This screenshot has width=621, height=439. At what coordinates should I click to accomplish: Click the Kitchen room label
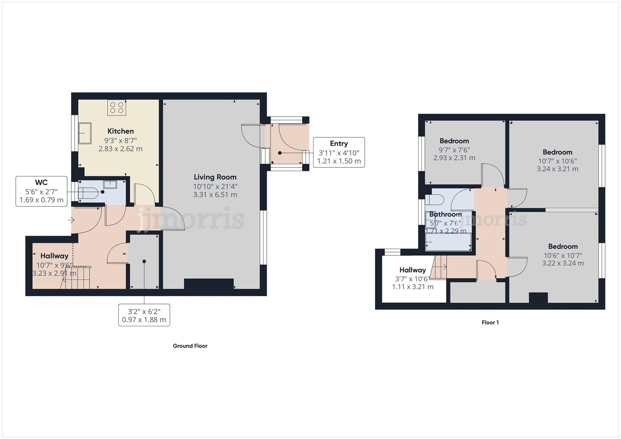[x=120, y=131]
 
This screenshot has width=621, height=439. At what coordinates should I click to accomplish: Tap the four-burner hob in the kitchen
[x=117, y=108]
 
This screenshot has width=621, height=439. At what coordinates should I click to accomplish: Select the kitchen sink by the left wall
[x=85, y=133]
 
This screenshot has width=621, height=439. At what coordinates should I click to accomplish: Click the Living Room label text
[x=215, y=177]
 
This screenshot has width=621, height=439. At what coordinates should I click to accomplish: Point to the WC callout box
[x=41, y=191]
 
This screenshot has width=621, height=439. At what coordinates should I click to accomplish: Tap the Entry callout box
[x=339, y=152]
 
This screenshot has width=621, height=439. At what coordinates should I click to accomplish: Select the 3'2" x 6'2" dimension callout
[x=144, y=315]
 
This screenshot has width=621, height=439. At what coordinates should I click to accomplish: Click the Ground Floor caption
[x=190, y=346]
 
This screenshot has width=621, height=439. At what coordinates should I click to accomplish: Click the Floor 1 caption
[x=490, y=322]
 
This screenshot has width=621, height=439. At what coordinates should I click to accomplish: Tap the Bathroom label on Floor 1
[x=445, y=214]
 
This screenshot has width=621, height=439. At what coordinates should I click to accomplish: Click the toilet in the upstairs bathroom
[x=434, y=200]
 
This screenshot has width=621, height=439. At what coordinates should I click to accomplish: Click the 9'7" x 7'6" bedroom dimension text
[x=454, y=150]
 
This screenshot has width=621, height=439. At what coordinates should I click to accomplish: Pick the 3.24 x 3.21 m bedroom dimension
[x=557, y=169]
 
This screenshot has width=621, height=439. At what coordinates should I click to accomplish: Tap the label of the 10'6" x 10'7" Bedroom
[x=563, y=246]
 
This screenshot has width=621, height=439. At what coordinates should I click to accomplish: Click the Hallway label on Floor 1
[x=412, y=270]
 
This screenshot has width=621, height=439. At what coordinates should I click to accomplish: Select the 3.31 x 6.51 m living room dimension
[x=215, y=195]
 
